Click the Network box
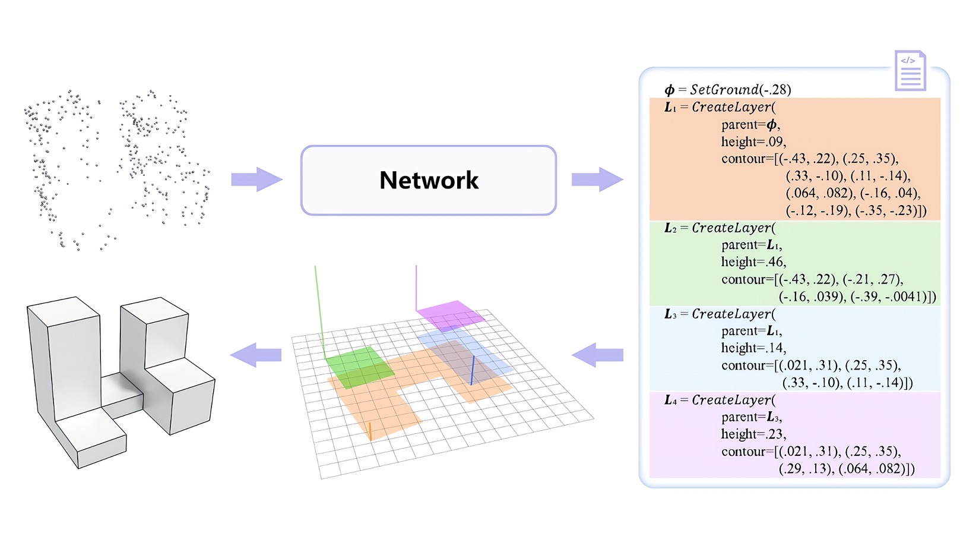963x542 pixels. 429,180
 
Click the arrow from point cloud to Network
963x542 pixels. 256,179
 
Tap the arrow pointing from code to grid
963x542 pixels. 597,355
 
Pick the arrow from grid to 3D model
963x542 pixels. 256,355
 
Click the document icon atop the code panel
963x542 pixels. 910,71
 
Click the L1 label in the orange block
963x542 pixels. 670,108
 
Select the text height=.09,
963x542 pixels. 753,142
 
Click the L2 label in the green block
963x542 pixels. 670,228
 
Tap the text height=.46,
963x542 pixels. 753,262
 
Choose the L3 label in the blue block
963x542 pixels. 670,314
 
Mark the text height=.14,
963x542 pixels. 753,348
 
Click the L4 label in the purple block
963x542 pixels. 670,401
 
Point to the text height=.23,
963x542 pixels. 753,434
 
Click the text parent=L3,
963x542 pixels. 752,417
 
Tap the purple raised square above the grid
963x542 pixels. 450,315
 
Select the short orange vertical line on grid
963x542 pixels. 370,431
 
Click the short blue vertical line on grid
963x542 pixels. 473,370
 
